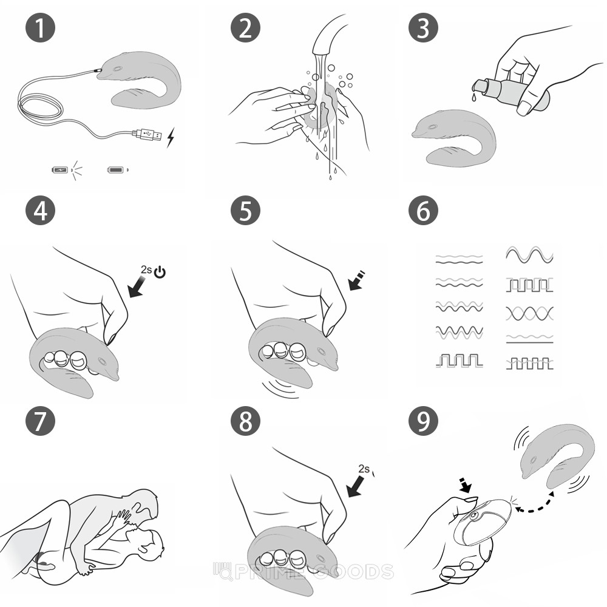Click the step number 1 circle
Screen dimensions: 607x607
(40, 28)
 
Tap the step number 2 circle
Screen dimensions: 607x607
(245, 28)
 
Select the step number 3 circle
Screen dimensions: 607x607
(424, 28)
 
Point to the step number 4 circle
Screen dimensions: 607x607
(40, 211)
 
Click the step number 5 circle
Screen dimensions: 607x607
(245, 211)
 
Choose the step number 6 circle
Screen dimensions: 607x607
(424, 211)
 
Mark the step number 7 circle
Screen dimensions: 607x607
(40, 421)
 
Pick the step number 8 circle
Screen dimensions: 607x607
(245, 421)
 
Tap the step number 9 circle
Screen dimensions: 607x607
(424, 421)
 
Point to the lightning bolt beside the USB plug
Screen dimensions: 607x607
(171, 137)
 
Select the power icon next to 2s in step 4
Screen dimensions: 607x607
(160, 273)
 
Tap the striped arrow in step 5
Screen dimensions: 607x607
(356, 280)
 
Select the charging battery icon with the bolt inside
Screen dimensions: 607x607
(60, 169)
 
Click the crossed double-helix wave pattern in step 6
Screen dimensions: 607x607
(529, 314)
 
